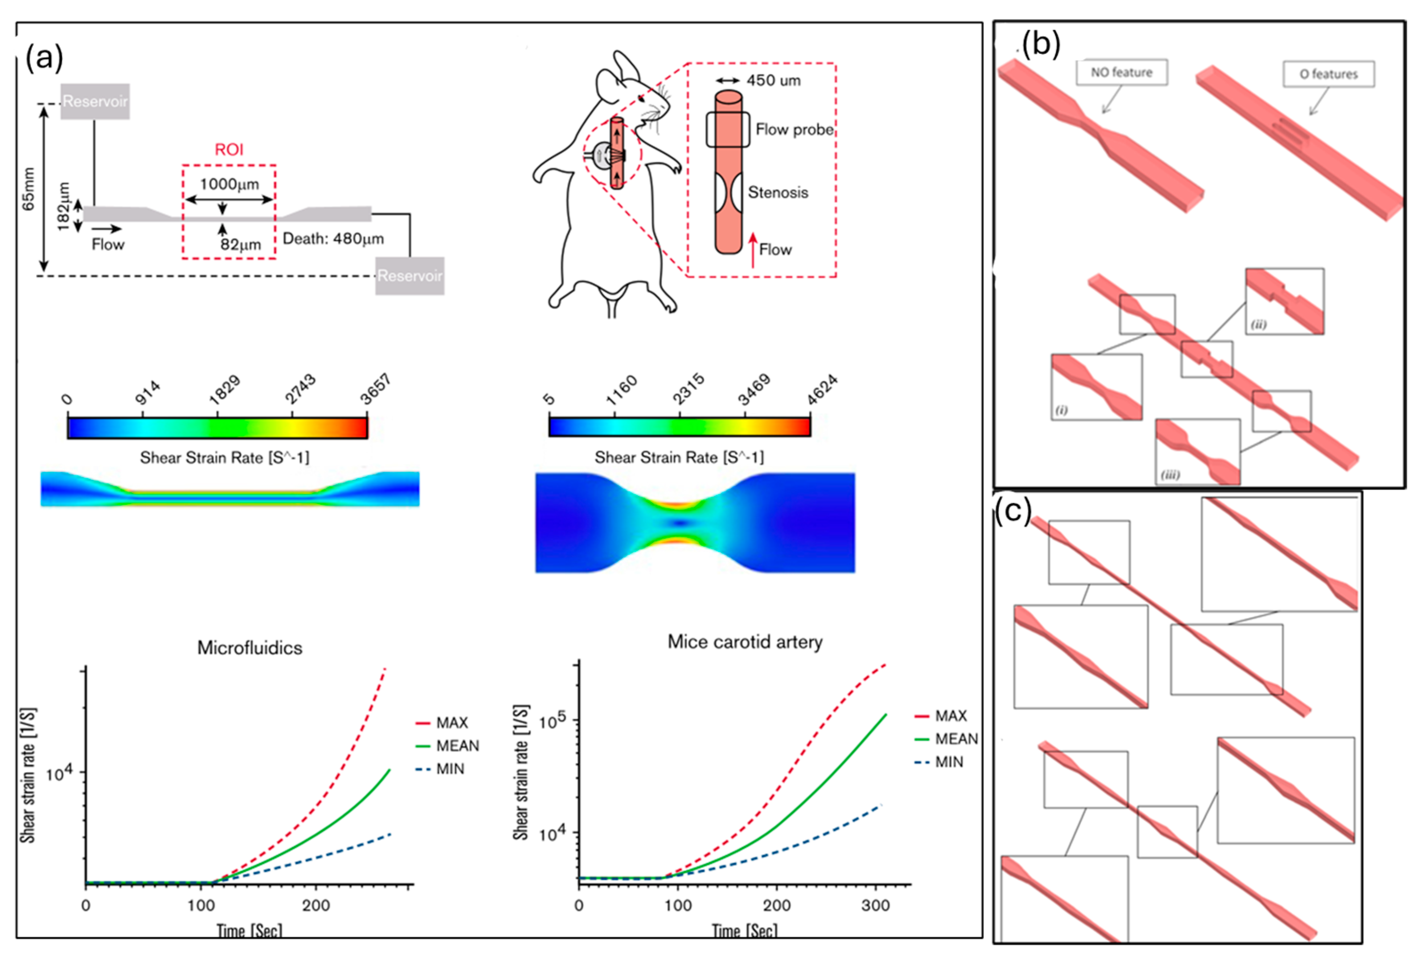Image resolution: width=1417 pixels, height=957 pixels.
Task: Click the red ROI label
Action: click(229, 149)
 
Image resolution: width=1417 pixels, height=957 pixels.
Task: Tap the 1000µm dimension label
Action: click(229, 184)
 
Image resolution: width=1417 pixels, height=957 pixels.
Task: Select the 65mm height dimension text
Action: click(29, 189)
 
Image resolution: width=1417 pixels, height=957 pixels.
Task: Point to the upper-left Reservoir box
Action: click(95, 101)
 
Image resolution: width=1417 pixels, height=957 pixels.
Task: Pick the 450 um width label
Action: click(773, 81)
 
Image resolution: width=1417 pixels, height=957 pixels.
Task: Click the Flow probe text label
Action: click(795, 129)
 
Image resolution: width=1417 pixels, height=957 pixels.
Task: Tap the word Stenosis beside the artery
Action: click(778, 192)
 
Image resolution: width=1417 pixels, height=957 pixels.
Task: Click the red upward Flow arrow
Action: click(753, 250)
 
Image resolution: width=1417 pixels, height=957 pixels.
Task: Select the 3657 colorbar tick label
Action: click(375, 390)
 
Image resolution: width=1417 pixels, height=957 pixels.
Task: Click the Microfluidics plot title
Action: click(250, 647)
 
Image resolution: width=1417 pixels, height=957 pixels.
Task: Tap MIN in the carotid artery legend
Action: click(949, 762)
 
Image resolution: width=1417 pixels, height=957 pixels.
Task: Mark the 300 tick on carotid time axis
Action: click(876, 905)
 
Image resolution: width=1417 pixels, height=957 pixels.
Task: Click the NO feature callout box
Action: click(1121, 72)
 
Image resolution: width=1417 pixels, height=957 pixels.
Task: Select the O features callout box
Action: click(1329, 74)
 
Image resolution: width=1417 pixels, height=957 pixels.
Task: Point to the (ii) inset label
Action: click(1258, 324)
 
